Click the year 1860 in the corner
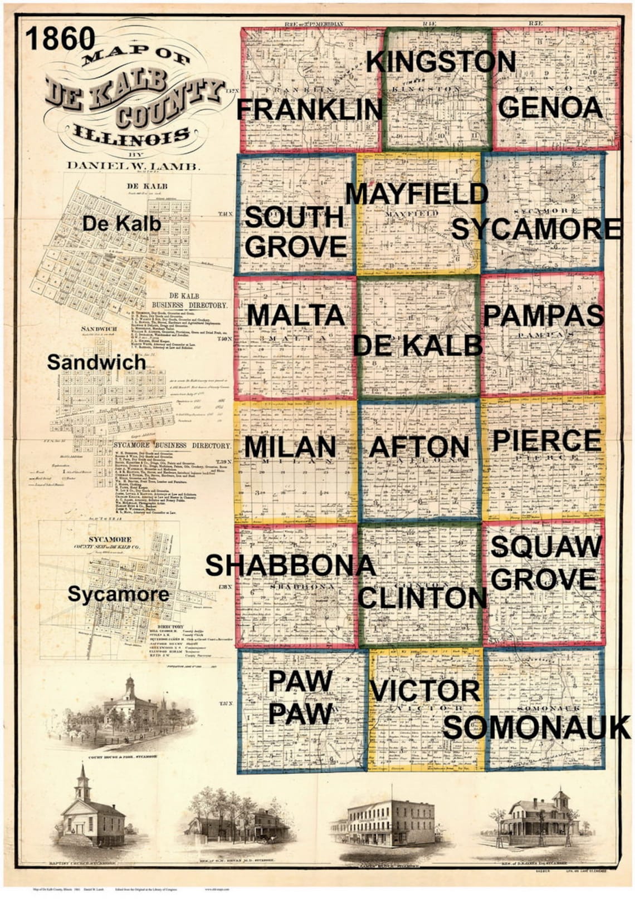tap(60, 38)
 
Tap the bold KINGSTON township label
tap(441, 62)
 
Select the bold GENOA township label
tap(550, 107)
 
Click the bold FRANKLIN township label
tap(310, 110)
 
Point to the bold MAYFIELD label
tap(417, 194)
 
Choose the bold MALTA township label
tap(296, 315)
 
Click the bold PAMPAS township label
tap(544, 316)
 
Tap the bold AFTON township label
tap(419, 447)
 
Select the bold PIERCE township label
tap(546, 441)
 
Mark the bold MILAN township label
tap(290, 446)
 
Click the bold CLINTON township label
tap(422, 598)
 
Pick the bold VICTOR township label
tap(425, 691)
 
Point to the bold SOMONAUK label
tap(537, 728)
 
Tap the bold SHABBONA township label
tap(290, 566)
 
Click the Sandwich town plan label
tap(96, 362)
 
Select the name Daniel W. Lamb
tap(133, 165)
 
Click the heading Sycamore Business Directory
tap(172, 445)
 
